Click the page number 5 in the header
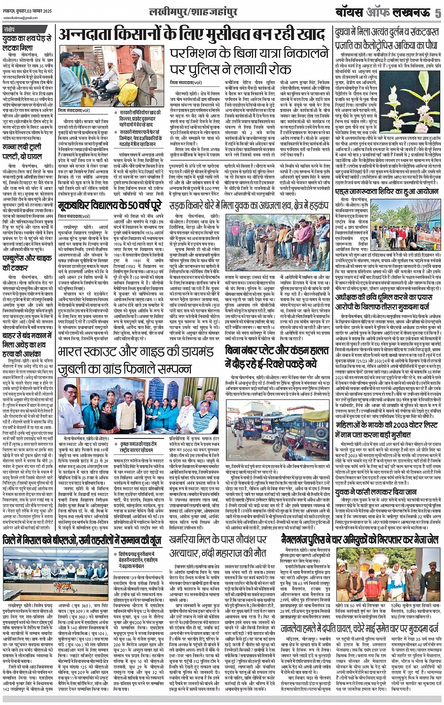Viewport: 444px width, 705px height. point(438,13)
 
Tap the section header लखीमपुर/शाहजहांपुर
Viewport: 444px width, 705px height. point(187,12)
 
